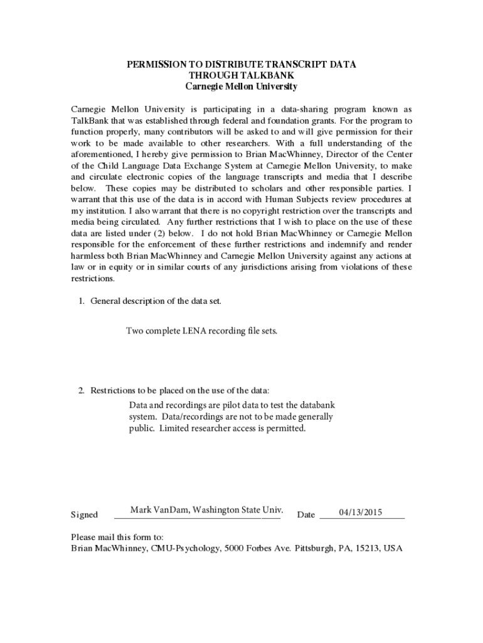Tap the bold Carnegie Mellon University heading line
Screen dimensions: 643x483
pyautogui.click(x=242, y=87)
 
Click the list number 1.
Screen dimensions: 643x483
pyautogui.click(x=81, y=301)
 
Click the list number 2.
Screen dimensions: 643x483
pyautogui.click(x=81, y=391)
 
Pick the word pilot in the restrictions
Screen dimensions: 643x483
pyautogui.click(x=236, y=406)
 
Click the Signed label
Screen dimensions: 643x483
pyautogui.click(x=84, y=515)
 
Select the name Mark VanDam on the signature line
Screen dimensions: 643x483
pyautogui.click(x=160, y=509)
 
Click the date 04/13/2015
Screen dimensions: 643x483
pyautogui.click(x=361, y=512)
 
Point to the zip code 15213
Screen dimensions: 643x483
pyautogui.click(x=366, y=548)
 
